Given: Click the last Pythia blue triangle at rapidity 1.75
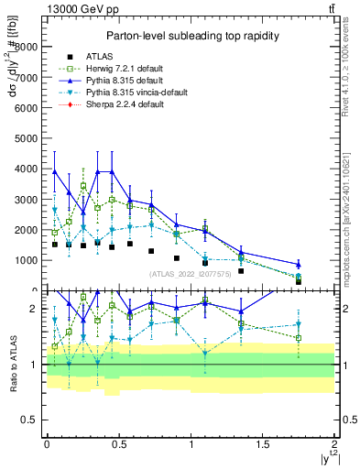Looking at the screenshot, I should point(299,265).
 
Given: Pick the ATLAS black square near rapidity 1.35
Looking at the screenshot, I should point(241,271).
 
